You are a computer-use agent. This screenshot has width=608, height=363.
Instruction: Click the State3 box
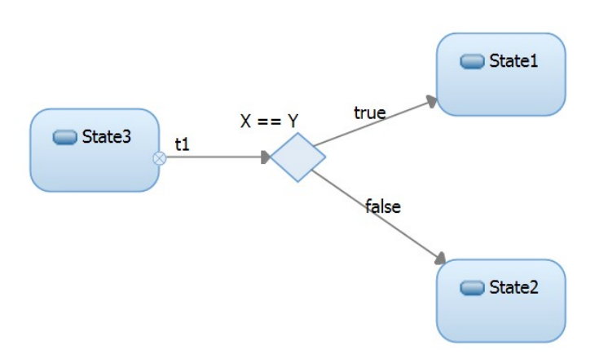point(94,163)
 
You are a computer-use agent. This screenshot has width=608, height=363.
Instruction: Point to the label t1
point(183,144)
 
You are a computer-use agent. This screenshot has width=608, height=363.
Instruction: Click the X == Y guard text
point(269,121)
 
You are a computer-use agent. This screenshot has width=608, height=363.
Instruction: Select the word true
point(369,113)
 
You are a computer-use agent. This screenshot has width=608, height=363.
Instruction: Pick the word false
point(383,206)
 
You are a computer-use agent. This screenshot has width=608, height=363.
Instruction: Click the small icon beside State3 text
point(64,137)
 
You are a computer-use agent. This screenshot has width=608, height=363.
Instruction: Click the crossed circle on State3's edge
point(160,158)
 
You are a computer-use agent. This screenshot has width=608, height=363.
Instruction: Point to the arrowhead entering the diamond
point(265,158)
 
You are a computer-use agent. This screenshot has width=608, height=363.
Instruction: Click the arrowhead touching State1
point(431,102)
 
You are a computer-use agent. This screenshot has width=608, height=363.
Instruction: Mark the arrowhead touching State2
point(439,259)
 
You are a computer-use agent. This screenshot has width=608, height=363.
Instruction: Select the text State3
point(106,137)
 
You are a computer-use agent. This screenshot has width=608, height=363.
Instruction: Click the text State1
point(513,61)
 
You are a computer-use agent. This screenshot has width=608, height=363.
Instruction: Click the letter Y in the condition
point(293,121)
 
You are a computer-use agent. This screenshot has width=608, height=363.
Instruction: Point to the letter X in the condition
point(246,121)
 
